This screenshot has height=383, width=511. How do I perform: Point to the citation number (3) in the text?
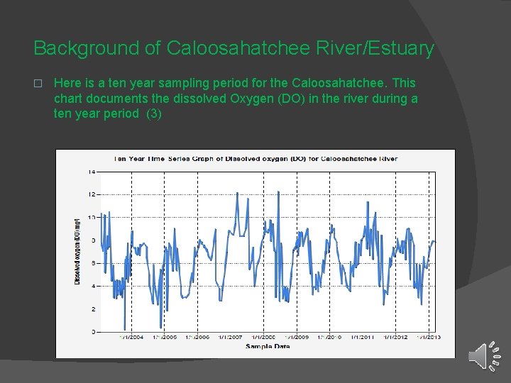click(x=153, y=113)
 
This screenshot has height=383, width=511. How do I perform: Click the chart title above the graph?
click(x=255, y=159)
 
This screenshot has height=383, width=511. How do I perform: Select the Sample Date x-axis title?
click(x=268, y=346)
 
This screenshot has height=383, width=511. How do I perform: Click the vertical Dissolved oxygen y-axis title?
click(x=77, y=252)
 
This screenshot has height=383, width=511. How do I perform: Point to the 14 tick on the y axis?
click(x=92, y=172)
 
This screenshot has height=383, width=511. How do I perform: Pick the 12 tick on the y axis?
click(x=92, y=194)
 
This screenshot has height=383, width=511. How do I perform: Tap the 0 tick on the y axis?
click(x=93, y=332)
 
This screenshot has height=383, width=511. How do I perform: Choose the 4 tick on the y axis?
click(x=93, y=286)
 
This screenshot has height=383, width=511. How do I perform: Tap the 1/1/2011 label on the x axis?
click(x=363, y=338)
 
